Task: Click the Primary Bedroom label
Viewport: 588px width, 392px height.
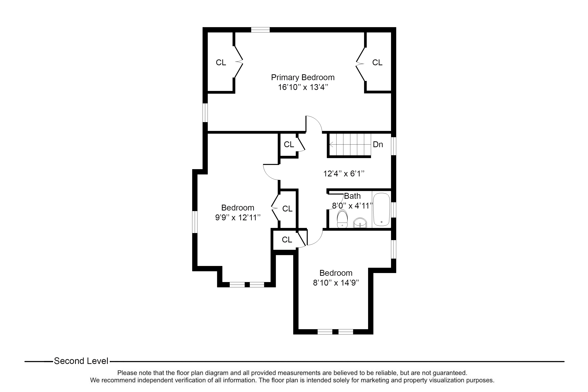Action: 303,77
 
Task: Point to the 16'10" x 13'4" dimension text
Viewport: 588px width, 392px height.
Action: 303,87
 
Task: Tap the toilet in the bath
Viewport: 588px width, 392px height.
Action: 342,219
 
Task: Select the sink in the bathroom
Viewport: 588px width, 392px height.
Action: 360,223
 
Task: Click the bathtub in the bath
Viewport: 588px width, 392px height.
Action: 381,210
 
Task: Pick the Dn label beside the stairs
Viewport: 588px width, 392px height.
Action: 378,144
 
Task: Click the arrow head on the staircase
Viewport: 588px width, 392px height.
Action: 331,144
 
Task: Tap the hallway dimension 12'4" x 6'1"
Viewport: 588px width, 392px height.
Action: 344,173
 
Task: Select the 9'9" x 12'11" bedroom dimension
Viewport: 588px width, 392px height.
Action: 238,218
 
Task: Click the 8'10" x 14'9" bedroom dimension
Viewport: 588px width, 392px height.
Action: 336,283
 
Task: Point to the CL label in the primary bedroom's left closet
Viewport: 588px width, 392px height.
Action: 221,63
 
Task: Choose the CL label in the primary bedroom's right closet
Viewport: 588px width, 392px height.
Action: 377,63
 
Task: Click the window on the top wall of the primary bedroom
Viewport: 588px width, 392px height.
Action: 260,30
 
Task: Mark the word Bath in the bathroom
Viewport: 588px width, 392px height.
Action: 352,196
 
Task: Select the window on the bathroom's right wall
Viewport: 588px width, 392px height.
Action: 394,210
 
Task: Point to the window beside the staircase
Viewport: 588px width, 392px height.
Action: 394,146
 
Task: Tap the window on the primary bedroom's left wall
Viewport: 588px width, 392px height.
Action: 205,113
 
